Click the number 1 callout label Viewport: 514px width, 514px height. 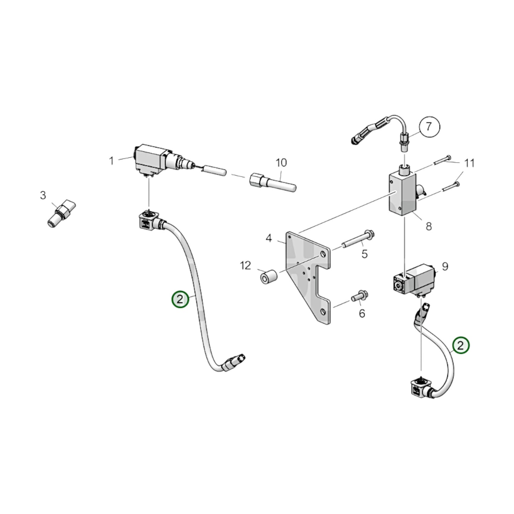[111, 161]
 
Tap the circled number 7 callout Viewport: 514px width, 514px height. [429, 127]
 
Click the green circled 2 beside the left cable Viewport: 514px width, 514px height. [180, 299]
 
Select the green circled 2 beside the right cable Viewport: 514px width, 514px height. [461, 345]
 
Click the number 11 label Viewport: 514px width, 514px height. [470, 163]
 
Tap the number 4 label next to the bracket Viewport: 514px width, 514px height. [269, 238]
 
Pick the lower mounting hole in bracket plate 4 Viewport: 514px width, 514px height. [323, 312]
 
